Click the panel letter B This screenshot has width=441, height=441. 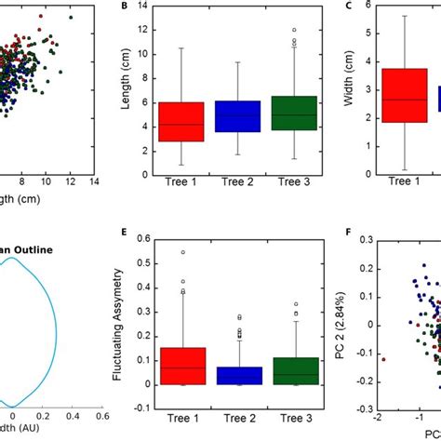click(x=126, y=7)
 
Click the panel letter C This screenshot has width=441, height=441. click(x=347, y=7)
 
